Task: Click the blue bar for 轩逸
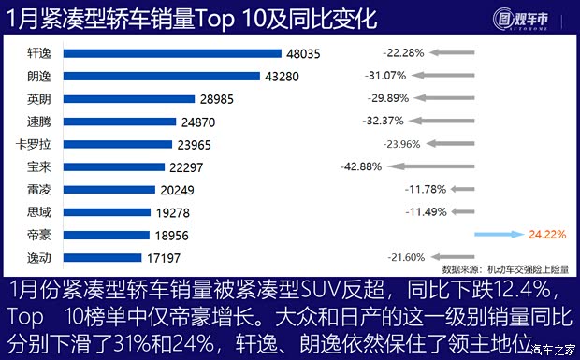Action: [163, 53]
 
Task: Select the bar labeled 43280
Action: [151, 76]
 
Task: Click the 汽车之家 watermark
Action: [552, 351]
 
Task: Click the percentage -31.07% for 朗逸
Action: [384, 76]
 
